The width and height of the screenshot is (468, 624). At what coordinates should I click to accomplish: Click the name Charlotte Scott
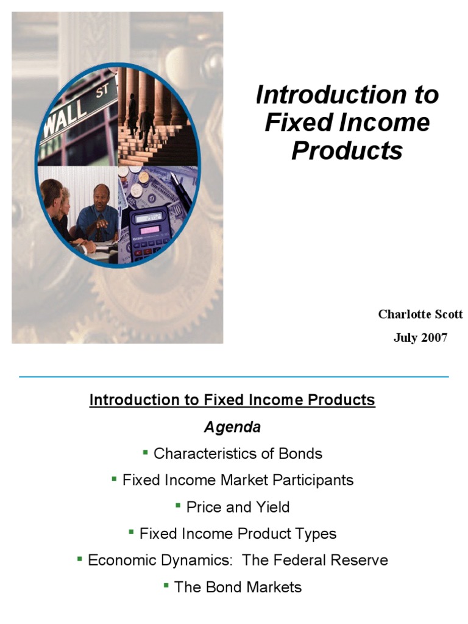click(420, 314)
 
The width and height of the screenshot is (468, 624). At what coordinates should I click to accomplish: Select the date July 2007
click(420, 338)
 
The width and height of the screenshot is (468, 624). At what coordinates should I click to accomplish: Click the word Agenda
click(232, 427)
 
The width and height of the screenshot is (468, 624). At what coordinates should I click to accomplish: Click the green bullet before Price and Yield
click(178, 505)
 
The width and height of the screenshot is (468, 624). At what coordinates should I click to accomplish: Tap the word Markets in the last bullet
click(274, 587)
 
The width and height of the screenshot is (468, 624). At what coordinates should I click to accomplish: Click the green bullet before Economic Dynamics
click(80, 558)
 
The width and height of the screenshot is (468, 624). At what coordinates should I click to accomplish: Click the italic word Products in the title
click(347, 150)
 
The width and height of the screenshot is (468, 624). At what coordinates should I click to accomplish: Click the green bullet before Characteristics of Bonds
click(146, 452)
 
